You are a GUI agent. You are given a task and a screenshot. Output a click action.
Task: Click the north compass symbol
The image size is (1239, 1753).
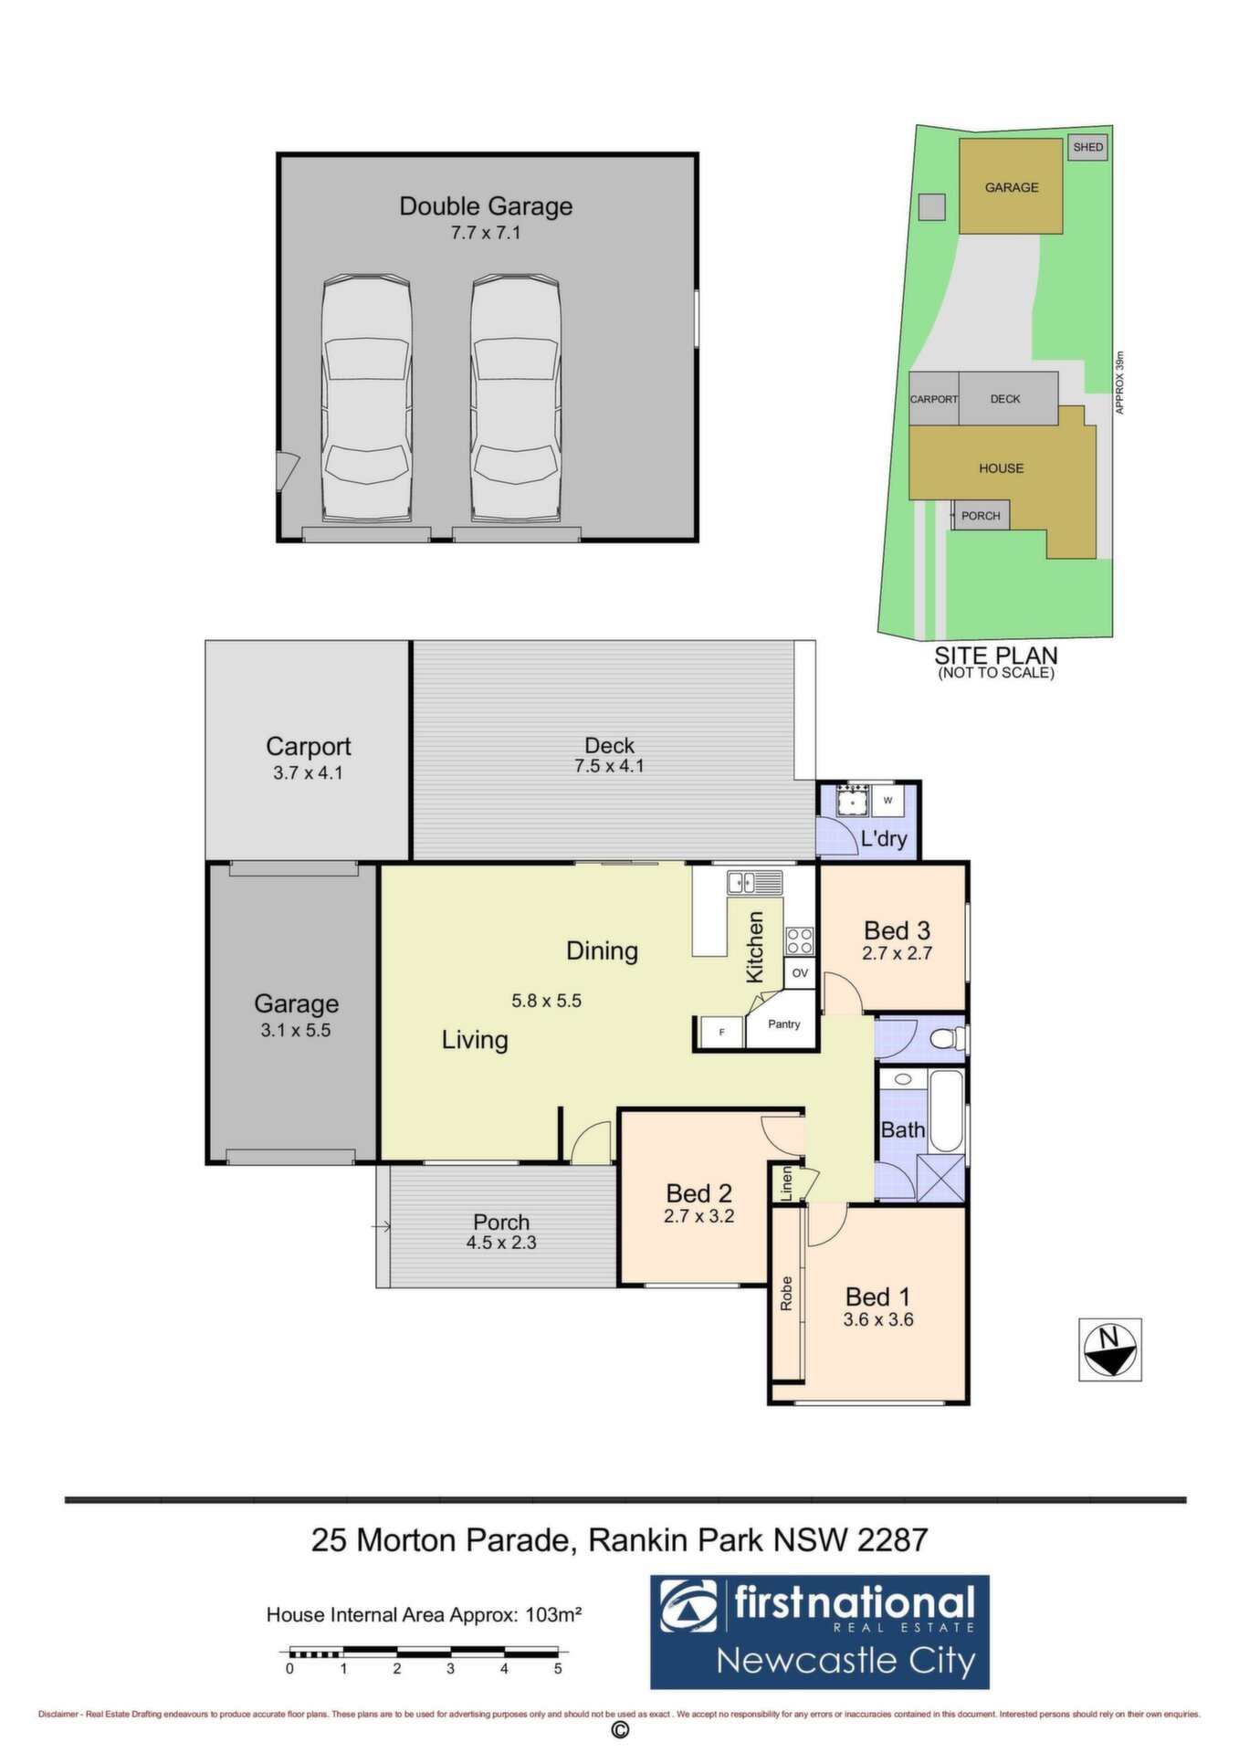click(x=1109, y=1349)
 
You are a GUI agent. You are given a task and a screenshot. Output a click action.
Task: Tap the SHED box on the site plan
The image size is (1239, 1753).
click(x=1087, y=147)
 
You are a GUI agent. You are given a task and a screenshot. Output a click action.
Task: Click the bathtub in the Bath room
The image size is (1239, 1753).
click(x=947, y=1110)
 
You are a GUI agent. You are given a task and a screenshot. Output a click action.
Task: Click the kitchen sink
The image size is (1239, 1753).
click(x=754, y=883)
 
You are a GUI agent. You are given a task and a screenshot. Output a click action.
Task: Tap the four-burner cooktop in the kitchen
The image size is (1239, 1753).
click(x=800, y=940)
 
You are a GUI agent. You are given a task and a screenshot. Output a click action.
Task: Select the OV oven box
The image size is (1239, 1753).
click(x=800, y=973)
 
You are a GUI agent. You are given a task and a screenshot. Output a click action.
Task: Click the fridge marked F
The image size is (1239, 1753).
click(x=722, y=1032)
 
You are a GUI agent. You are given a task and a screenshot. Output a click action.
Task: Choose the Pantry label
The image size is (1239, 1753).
click(x=784, y=1024)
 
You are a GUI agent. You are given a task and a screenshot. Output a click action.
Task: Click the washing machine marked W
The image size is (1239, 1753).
click(x=887, y=801)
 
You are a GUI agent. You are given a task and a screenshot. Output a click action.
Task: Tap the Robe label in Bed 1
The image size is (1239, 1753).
click(x=786, y=1293)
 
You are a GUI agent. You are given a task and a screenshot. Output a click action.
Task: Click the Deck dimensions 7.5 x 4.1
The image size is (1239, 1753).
click(x=609, y=766)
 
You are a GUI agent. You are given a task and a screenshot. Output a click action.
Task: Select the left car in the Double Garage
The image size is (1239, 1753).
click(x=365, y=398)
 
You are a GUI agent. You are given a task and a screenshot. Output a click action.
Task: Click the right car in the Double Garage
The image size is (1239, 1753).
click(x=515, y=398)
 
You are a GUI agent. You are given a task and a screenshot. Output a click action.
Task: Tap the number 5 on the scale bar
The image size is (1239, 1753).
click(x=558, y=1668)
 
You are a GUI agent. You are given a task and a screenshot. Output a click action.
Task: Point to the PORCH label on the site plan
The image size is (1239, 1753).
click(x=981, y=516)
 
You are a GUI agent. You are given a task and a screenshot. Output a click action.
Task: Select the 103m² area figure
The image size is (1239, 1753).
click(x=553, y=1614)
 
